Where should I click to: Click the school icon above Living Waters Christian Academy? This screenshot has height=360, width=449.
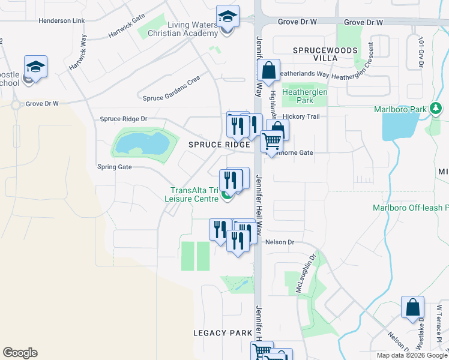[x=228, y=16]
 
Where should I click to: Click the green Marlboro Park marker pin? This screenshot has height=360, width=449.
[x=436, y=109]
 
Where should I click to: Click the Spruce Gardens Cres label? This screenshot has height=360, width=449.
[x=170, y=97]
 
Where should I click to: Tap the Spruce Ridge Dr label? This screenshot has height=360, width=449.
[x=124, y=119]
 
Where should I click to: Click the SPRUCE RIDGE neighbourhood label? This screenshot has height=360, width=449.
[x=218, y=145]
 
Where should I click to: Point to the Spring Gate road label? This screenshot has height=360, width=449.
[x=114, y=167]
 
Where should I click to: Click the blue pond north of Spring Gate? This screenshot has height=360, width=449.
[x=142, y=143]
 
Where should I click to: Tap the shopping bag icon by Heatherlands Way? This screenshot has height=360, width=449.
[x=269, y=70]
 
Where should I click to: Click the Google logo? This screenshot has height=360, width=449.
[x=20, y=353]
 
